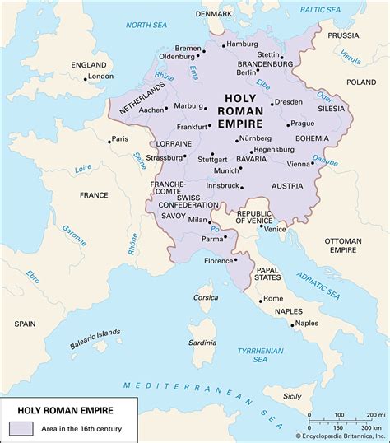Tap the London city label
pyautogui.click(x=100, y=77)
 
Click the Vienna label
pyautogui.click(x=299, y=164)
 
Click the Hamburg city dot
pyautogui.click(x=222, y=44)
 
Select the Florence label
pyautogui.click(x=219, y=261)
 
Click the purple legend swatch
pyautogui.click(x=21, y=427)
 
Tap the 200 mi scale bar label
pyautogui.click(x=375, y=414)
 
